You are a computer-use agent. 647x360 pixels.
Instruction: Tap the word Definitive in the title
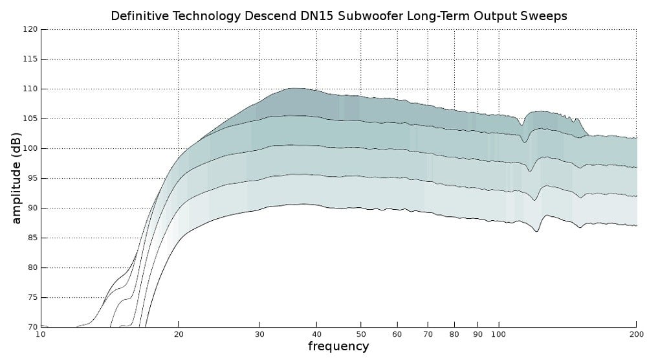137,16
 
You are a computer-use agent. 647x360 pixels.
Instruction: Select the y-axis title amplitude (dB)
17,178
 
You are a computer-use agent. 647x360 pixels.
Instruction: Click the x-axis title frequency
338,346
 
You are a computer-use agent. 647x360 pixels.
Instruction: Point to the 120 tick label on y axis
30,30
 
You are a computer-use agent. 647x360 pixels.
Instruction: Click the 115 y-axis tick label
30,60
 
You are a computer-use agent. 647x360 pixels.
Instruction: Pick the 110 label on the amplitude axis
30,89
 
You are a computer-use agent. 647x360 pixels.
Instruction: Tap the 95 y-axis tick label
32,179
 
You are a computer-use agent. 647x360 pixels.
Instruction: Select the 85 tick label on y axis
32,238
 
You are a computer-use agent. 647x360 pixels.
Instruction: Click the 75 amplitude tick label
32,298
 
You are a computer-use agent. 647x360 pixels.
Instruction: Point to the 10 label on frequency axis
41,334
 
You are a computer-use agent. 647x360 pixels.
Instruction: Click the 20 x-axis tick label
179,334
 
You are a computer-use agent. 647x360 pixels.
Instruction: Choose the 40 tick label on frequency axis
316,334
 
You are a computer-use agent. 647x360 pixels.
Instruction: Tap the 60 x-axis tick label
397,334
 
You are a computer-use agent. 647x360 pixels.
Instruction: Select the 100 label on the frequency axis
498,334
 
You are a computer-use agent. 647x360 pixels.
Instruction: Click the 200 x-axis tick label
636,334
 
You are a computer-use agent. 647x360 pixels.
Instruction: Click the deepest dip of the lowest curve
537,231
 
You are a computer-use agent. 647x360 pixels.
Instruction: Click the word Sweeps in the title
544,16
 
